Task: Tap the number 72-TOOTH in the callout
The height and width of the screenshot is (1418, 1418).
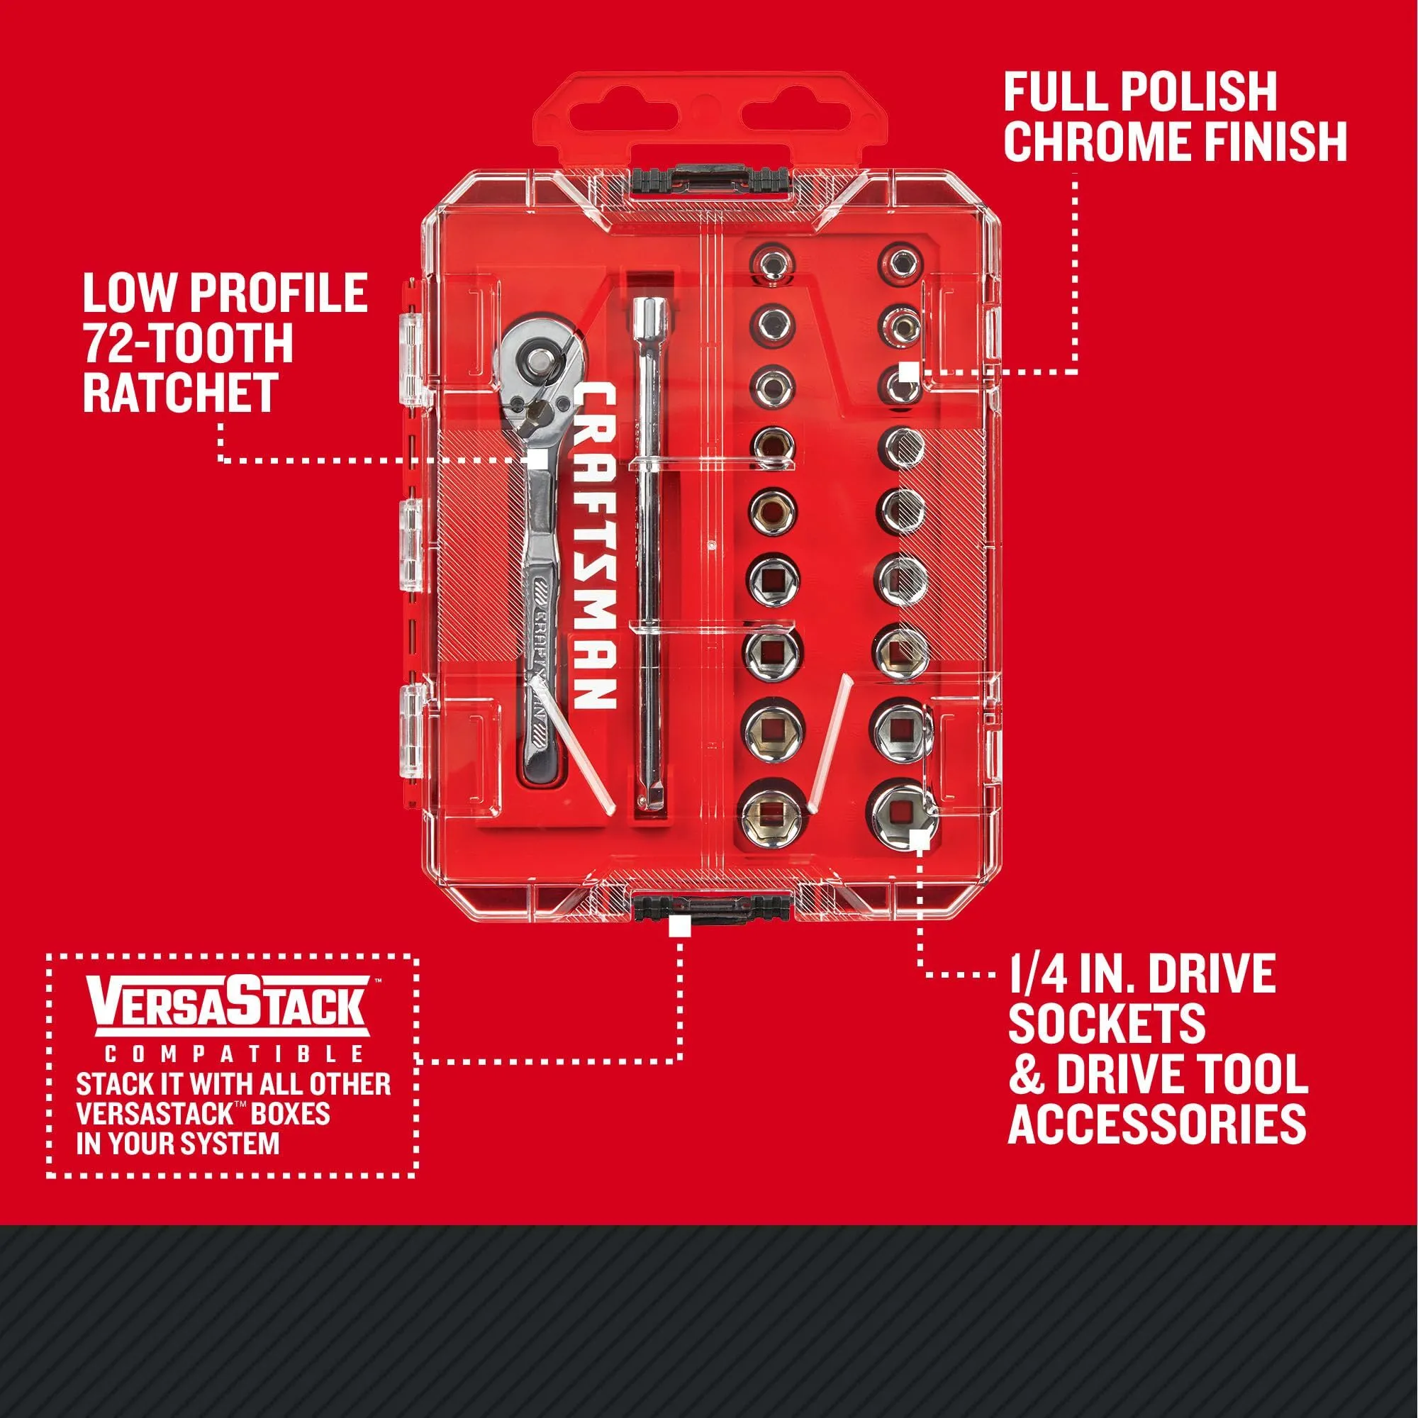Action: (188, 342)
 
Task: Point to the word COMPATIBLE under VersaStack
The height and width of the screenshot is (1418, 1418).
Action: (233, 1056)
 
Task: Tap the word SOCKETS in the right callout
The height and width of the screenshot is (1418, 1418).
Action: (1107, 1023)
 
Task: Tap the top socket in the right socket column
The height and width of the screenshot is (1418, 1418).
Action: (900, 260)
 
